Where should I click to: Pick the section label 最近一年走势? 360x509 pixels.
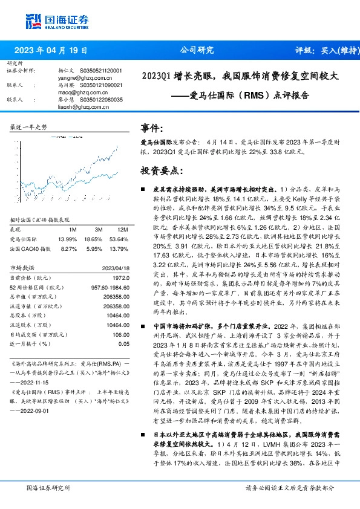pyautogui.click(x=29, y=128)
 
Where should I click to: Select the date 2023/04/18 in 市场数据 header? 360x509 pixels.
pyautogui.click(x=110, y=267)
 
